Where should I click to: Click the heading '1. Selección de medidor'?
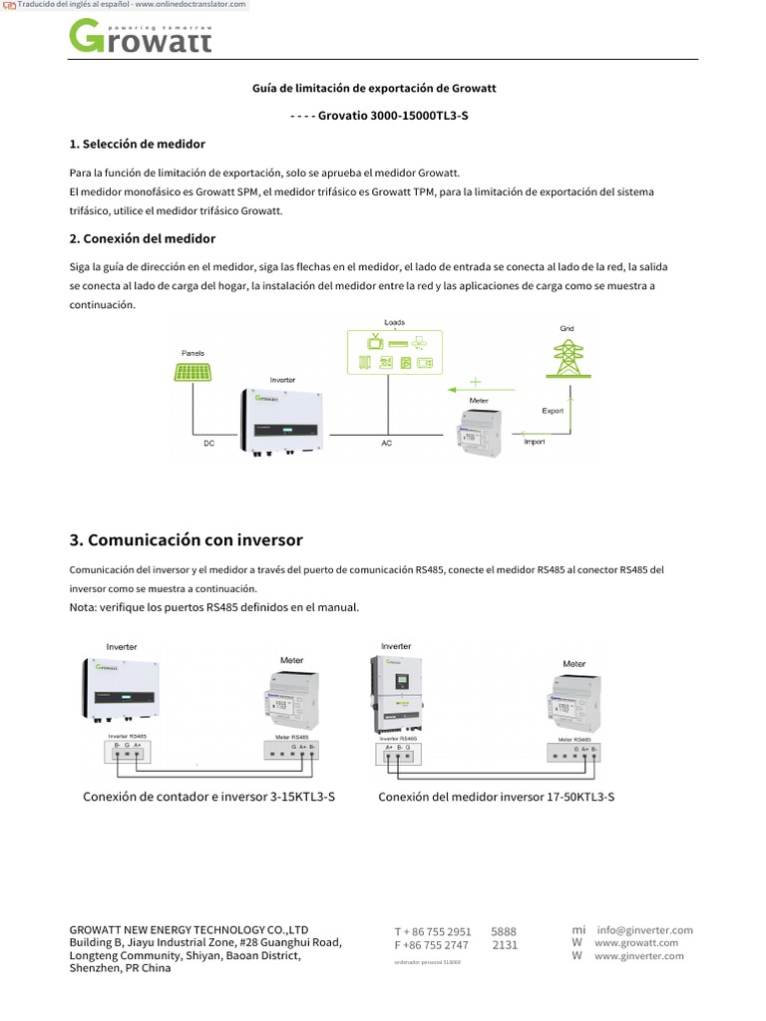pos(137,144)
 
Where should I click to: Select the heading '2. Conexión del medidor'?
pos(142,238)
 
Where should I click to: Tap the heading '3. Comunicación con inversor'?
pos(186,539)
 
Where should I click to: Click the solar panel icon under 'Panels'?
pos(192,372)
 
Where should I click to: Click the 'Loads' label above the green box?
pos(395,322)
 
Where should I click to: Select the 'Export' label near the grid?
pos(553,410)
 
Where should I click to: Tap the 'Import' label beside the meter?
pos(535,441)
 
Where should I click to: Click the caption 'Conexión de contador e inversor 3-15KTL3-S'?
pos(208,797)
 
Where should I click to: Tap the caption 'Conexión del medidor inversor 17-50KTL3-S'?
pos(496,797)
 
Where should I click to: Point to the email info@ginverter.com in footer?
pos(644,929)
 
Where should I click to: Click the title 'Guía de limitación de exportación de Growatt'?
pos(374,89)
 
